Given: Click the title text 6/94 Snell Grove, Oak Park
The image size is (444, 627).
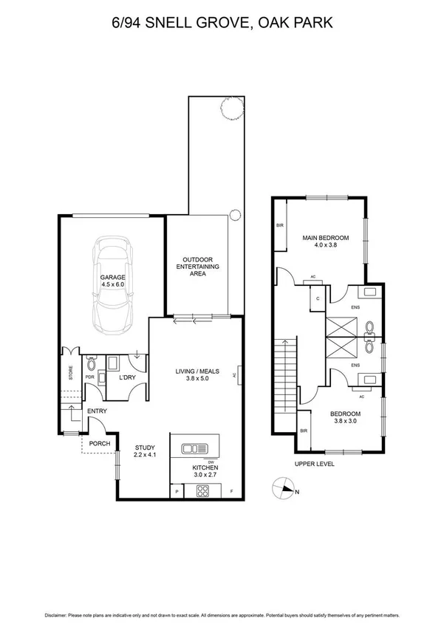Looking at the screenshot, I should pos(222,24).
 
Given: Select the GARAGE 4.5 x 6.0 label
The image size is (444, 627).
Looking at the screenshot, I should pos(113,281).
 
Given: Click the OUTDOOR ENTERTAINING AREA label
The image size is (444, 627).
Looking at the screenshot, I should pos(198,267).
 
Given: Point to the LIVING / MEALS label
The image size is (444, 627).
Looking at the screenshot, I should pos(197,376).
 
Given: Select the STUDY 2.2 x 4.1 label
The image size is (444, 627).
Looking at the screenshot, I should pos(145,451).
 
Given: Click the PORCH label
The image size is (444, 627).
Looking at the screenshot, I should pos(99,444).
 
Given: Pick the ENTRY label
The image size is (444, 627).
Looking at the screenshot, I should pos(97,411).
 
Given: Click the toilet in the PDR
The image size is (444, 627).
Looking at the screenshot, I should pos(90,363).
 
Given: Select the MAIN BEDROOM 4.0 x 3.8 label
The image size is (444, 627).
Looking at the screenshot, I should pos(325,241).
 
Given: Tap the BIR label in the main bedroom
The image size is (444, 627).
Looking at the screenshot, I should pos(280,225).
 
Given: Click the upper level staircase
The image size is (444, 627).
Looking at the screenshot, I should pos(284,377).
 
